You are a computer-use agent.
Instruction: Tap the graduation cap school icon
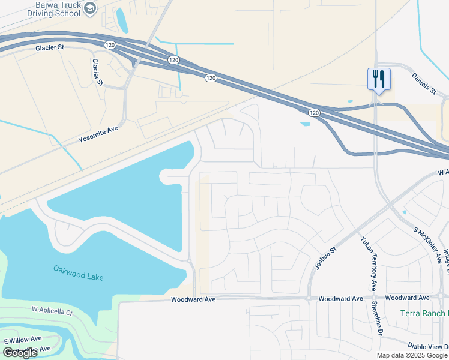[x=90, y=8]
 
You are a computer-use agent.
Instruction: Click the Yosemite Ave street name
[x=98, y=134]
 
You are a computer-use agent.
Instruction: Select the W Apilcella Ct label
[x=52, y=312]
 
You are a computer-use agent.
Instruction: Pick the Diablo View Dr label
[x=427, y=346]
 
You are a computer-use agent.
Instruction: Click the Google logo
[x=19, y=353]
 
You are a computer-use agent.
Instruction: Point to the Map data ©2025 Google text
[x=411, y=355]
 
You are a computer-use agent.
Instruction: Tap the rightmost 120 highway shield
[x=314, y=112]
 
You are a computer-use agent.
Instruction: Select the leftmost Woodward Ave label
[x=192, y=299]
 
